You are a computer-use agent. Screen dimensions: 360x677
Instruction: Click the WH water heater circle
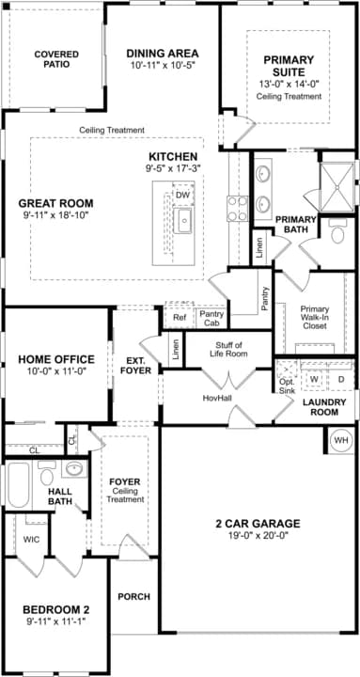341,440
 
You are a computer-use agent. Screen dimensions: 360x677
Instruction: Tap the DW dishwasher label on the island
183,196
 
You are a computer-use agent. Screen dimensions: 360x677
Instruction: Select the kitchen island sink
183,220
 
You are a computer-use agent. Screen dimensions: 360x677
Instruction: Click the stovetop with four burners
238,208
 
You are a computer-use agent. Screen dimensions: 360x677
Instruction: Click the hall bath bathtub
18,485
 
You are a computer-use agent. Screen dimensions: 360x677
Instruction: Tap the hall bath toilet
47,473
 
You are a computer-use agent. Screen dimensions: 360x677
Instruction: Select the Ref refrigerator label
180,318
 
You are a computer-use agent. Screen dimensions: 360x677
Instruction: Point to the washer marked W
314,379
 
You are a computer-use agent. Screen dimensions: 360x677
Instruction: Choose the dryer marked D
340,379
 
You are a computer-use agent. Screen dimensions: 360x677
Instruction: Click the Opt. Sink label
287,386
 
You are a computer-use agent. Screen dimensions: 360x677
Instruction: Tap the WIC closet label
31,540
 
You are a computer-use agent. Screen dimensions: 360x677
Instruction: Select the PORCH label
134,597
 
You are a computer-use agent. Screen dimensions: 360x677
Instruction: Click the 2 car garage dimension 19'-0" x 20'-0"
258,535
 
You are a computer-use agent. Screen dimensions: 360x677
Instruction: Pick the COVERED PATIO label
56,59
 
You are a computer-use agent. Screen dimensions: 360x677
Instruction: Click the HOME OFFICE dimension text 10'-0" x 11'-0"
56,370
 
